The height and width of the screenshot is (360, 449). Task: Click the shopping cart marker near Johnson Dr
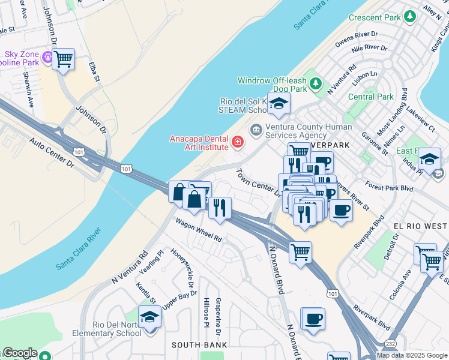(63, 59)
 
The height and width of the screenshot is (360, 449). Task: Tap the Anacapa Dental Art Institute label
(199, 142)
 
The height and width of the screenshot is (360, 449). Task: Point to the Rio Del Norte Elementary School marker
(149, 318)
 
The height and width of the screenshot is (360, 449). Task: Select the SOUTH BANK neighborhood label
(199, 345)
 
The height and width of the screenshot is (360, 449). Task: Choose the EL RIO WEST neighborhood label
(420, 226)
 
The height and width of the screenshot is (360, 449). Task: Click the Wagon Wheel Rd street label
(199, 230)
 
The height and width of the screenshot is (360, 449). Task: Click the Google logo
(19, 353)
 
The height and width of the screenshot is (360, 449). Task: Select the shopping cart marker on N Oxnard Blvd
(300, 252)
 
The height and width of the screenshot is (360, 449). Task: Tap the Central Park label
(370, 97)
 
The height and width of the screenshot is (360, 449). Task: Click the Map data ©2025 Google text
(412, 355)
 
